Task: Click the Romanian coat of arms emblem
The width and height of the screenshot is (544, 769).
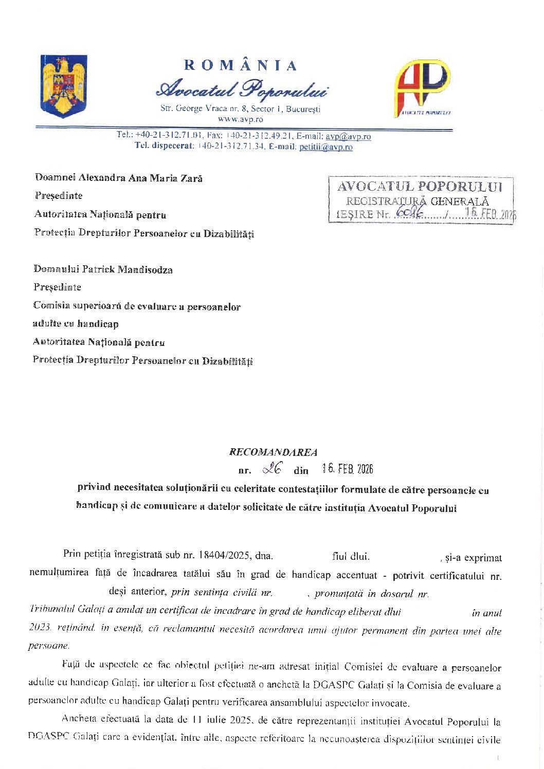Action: pyautogui.click(x=64, y=86)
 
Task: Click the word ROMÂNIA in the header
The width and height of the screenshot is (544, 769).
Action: pyautogui.click(x=241, y=65)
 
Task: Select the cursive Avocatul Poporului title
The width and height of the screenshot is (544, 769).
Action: pyautogui.click(x=241, y=89)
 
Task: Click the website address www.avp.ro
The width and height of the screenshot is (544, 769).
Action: pyautogui.click(x=240, y=119)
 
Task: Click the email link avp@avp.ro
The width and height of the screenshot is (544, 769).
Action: pyautogui.click(x=348, y=136)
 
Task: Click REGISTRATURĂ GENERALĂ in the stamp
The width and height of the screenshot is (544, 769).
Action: pyautogui.click(x=417, y=201)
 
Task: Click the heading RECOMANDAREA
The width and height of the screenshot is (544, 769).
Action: pyautogui.click(x=273, y=452)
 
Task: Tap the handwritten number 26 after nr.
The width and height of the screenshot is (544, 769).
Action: pyautogui.click(x=272, y=468)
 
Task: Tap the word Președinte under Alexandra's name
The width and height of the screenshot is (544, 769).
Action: pyautogui.click(x=59, y=196)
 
